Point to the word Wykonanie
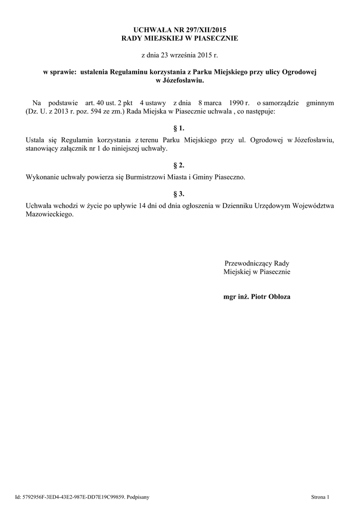(42, 177)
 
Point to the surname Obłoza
(280, 297)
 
